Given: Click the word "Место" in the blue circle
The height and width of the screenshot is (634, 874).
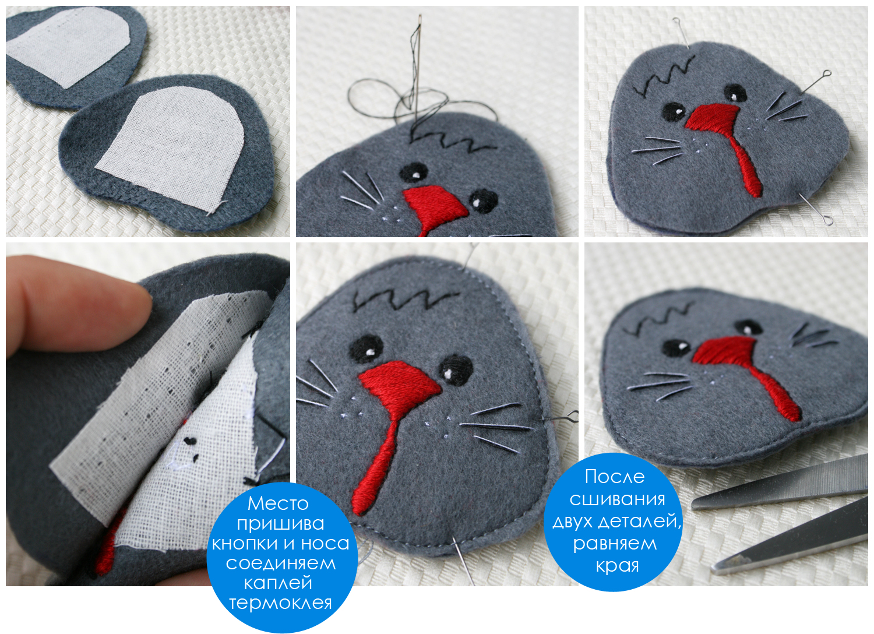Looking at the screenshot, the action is click(278, 503).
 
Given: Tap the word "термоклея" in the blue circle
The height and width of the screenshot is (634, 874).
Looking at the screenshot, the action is click(280, 603).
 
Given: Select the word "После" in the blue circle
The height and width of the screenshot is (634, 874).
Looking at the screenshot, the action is click(615, 477).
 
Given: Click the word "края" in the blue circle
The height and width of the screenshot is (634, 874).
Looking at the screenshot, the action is click(617, 566).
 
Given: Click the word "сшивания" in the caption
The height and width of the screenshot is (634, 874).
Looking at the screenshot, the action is click(617, 499).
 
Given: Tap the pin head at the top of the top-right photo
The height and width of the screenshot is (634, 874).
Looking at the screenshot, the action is click(674, 19).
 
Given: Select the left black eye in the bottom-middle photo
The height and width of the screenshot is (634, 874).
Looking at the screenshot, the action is click(365, 349).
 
